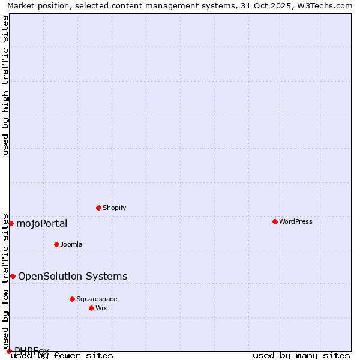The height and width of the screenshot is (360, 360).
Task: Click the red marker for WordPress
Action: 275,221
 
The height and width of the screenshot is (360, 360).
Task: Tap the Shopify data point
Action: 98,208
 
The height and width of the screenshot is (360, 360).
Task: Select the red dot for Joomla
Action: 56,244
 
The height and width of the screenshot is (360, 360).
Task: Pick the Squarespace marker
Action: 72,299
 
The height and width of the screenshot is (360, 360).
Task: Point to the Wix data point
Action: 91,308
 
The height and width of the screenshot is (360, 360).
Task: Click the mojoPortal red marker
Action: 11,223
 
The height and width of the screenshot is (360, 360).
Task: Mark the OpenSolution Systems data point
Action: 13,276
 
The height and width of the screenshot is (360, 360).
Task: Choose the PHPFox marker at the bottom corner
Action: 9,351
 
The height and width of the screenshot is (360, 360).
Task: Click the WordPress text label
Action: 296,221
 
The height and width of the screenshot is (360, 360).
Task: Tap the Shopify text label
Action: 114,208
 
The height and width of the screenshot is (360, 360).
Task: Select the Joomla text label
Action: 71,244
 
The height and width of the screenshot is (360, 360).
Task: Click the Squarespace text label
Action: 97,299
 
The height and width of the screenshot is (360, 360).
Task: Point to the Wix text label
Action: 101,308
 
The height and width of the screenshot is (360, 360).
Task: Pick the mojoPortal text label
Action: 41,224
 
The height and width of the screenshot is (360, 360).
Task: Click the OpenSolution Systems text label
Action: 73,276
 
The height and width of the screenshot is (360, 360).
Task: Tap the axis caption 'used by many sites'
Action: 301,356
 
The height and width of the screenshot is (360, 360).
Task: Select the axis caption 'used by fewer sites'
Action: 62,356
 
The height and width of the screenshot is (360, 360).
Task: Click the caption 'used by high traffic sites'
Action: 6,85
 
